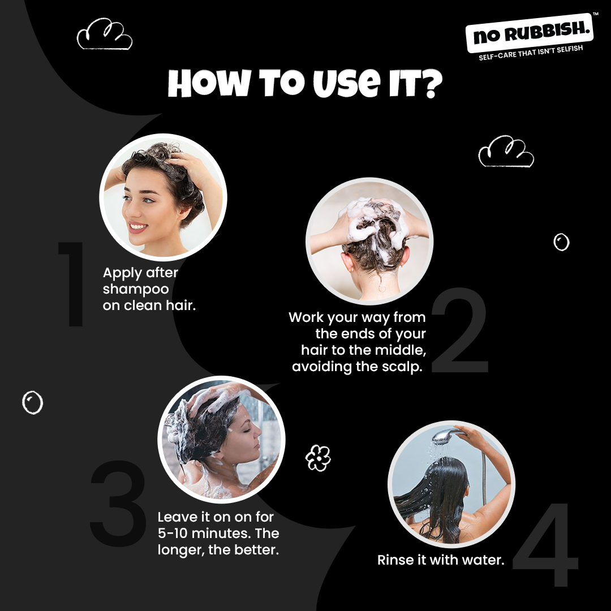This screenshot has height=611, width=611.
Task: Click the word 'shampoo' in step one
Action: click(x=136, y=289)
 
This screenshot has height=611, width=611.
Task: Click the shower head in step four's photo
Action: click(x=447, y=436)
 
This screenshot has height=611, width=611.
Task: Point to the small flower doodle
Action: click(x=318, y=458)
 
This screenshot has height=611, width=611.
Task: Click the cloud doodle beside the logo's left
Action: click(x=105, y=35)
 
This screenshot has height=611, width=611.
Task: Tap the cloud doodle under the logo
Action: click(x=506, y=152)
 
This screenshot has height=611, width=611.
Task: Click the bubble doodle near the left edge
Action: click(x=32, y=402)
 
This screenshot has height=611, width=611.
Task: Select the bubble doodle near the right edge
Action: click(x=561, y=242)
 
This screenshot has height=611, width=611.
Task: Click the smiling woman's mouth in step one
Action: click(x=137, y=227)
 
